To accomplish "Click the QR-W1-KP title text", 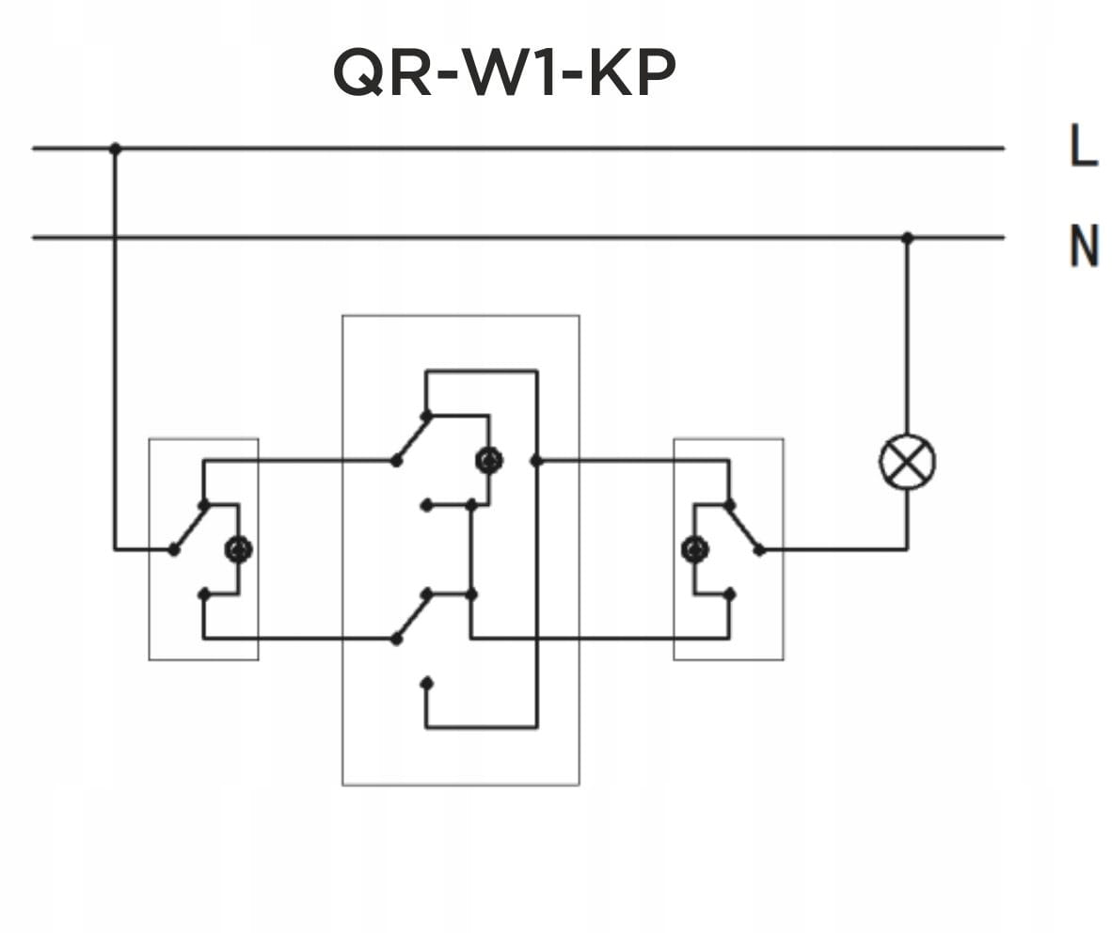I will [504, 73].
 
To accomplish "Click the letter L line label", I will [1084, 148].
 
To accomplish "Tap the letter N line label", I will [1084, 246].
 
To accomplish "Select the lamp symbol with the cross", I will [907, 461].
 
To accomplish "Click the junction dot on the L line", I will [115, 149].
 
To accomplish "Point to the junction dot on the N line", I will [907, 238].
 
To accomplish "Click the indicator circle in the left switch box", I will [238, 549].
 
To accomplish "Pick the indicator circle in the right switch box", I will [694, 549].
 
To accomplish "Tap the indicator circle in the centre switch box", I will [488, 460].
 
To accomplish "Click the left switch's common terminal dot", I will [174, 549].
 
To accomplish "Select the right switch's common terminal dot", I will [759, 549].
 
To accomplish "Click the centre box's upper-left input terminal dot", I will [396, 461].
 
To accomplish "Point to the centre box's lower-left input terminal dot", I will [396, 639].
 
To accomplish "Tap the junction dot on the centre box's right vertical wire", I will [536, 461].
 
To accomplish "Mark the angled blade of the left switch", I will [189, 528].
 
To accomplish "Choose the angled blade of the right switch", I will [743, 528].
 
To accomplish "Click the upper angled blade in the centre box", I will [411, 438].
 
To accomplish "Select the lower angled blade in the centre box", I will [411, 617].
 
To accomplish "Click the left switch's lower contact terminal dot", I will [203, 593].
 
